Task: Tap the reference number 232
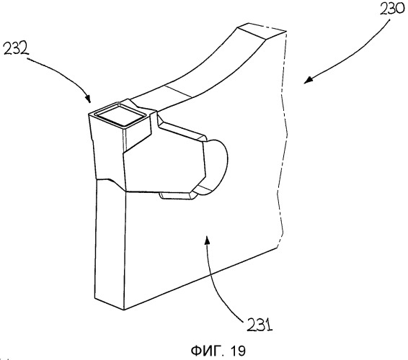[15, 49]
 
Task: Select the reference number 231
[260, 324]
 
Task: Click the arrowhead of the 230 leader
[308, 80]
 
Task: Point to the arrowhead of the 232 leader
[89, 99]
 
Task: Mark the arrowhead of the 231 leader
[207, 239]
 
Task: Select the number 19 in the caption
[237, 351]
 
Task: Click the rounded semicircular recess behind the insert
[217, 166]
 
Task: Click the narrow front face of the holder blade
[110, 244]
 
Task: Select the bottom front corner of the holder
[123, 310]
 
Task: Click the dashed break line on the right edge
[282, 138]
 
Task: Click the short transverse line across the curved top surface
[179, 91]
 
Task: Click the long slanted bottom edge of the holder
[200, 279]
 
